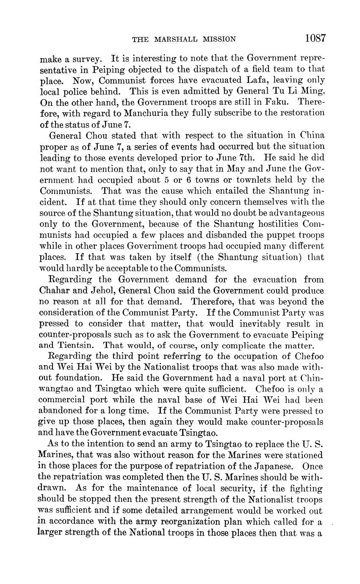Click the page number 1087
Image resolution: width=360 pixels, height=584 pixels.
315,38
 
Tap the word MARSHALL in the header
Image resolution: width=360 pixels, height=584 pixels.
177,39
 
